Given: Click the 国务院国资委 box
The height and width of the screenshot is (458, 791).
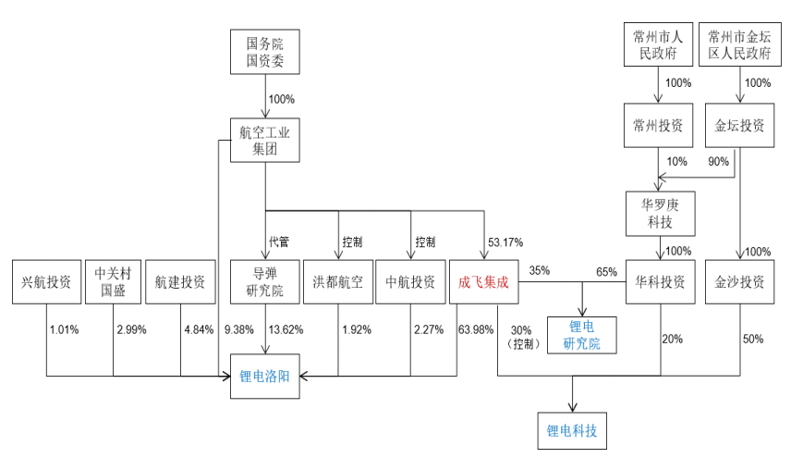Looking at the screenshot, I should tap(264, 52).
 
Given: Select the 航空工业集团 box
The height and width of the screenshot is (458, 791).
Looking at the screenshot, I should tap(264, 141).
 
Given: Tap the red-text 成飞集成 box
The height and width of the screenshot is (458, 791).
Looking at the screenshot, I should tap(483, 283).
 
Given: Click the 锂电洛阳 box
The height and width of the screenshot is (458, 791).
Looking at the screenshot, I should tap(264, 377).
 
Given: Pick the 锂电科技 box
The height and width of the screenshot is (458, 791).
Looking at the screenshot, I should tap(572, 430).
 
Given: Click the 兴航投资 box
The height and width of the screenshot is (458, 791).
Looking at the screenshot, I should tap(47, 283).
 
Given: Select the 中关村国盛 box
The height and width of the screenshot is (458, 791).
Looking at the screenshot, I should tap(114, 283).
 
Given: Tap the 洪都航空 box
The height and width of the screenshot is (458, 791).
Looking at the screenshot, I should tap(338, 283).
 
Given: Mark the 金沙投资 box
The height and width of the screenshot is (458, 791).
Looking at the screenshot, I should tap(739, 283).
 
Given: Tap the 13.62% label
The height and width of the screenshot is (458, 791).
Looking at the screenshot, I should tap(286, 329).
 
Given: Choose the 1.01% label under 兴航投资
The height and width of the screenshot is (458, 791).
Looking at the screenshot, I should tap(65, 329).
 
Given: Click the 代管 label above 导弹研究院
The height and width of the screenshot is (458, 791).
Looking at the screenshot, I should tap(279, 242).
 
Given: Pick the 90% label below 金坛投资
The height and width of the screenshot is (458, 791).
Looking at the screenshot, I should tap(718, 162).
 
